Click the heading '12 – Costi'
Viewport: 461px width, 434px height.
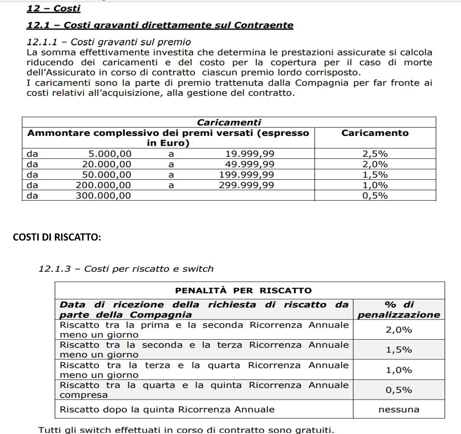[x=53, y=9]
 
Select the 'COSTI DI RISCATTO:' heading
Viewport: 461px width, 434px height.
[x=56, y=237]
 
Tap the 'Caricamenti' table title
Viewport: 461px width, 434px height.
[x=229, y=122]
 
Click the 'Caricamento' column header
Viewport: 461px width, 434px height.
[x=374, y=133]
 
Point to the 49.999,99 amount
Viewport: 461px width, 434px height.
[x=250, y=164]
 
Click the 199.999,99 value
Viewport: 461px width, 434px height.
[x=246, y=175]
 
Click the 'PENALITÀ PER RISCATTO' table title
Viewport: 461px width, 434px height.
[x=243, y=290]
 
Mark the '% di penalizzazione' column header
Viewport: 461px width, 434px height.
[x=398, y=310]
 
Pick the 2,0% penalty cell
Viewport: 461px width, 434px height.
[x=399, y=330]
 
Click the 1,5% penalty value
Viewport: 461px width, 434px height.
[x=399, y=350]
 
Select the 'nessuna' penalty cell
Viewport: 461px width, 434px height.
[x=399, y=409]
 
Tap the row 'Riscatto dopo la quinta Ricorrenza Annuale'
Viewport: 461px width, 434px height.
[x=167, y=409]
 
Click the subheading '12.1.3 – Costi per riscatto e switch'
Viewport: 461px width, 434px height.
[x=126, y=269]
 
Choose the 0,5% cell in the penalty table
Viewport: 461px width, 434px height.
[x=399, y=390]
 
